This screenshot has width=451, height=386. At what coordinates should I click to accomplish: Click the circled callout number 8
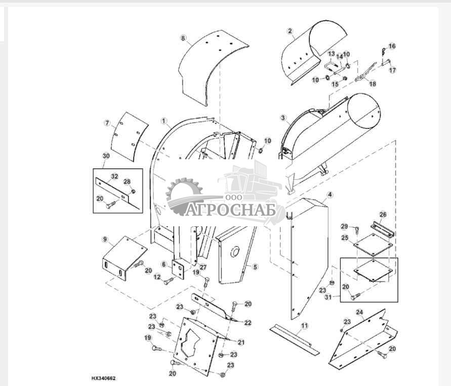point(183,38)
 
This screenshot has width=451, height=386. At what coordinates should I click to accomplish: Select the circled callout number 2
point(290,31)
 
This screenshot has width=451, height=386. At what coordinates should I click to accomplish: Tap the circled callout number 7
point(107,123)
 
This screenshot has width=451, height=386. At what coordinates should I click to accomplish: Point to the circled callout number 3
point(283,118)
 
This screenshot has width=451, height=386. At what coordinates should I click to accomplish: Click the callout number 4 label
point(330,195)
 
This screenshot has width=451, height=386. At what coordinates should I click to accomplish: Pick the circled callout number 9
point(105,239)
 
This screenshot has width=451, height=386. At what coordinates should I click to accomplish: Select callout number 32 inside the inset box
point(114,176)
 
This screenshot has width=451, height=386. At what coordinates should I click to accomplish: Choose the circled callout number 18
point(373,84)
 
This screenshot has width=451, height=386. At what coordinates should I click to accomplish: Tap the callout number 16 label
point(392,46)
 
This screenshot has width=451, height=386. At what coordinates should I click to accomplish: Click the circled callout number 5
point(255,267)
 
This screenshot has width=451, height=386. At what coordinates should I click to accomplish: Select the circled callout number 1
point(164,121)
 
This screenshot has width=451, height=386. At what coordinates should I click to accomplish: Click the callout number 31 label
point(328,297)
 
